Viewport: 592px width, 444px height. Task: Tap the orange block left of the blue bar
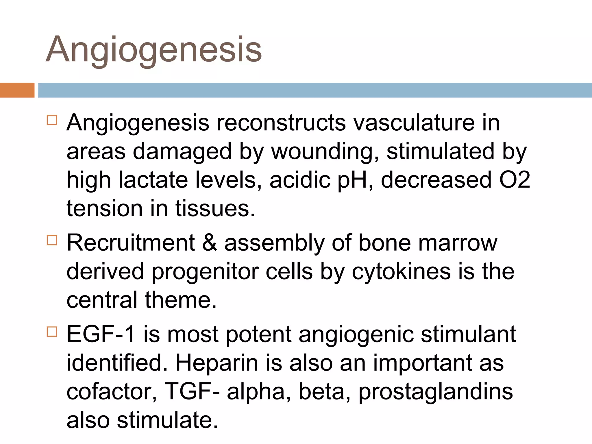tap(17, 90)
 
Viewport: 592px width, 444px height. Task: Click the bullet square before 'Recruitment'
tap(52, 240)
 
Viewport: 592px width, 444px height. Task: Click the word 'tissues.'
tap(215, 208)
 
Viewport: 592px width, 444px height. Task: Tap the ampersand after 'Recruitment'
tap(209, 243)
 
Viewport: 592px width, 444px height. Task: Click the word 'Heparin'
tap(217, 363)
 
